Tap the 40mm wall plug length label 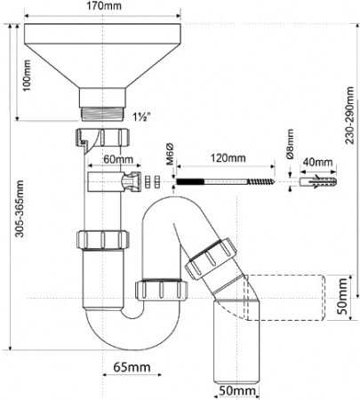point(317,163)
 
